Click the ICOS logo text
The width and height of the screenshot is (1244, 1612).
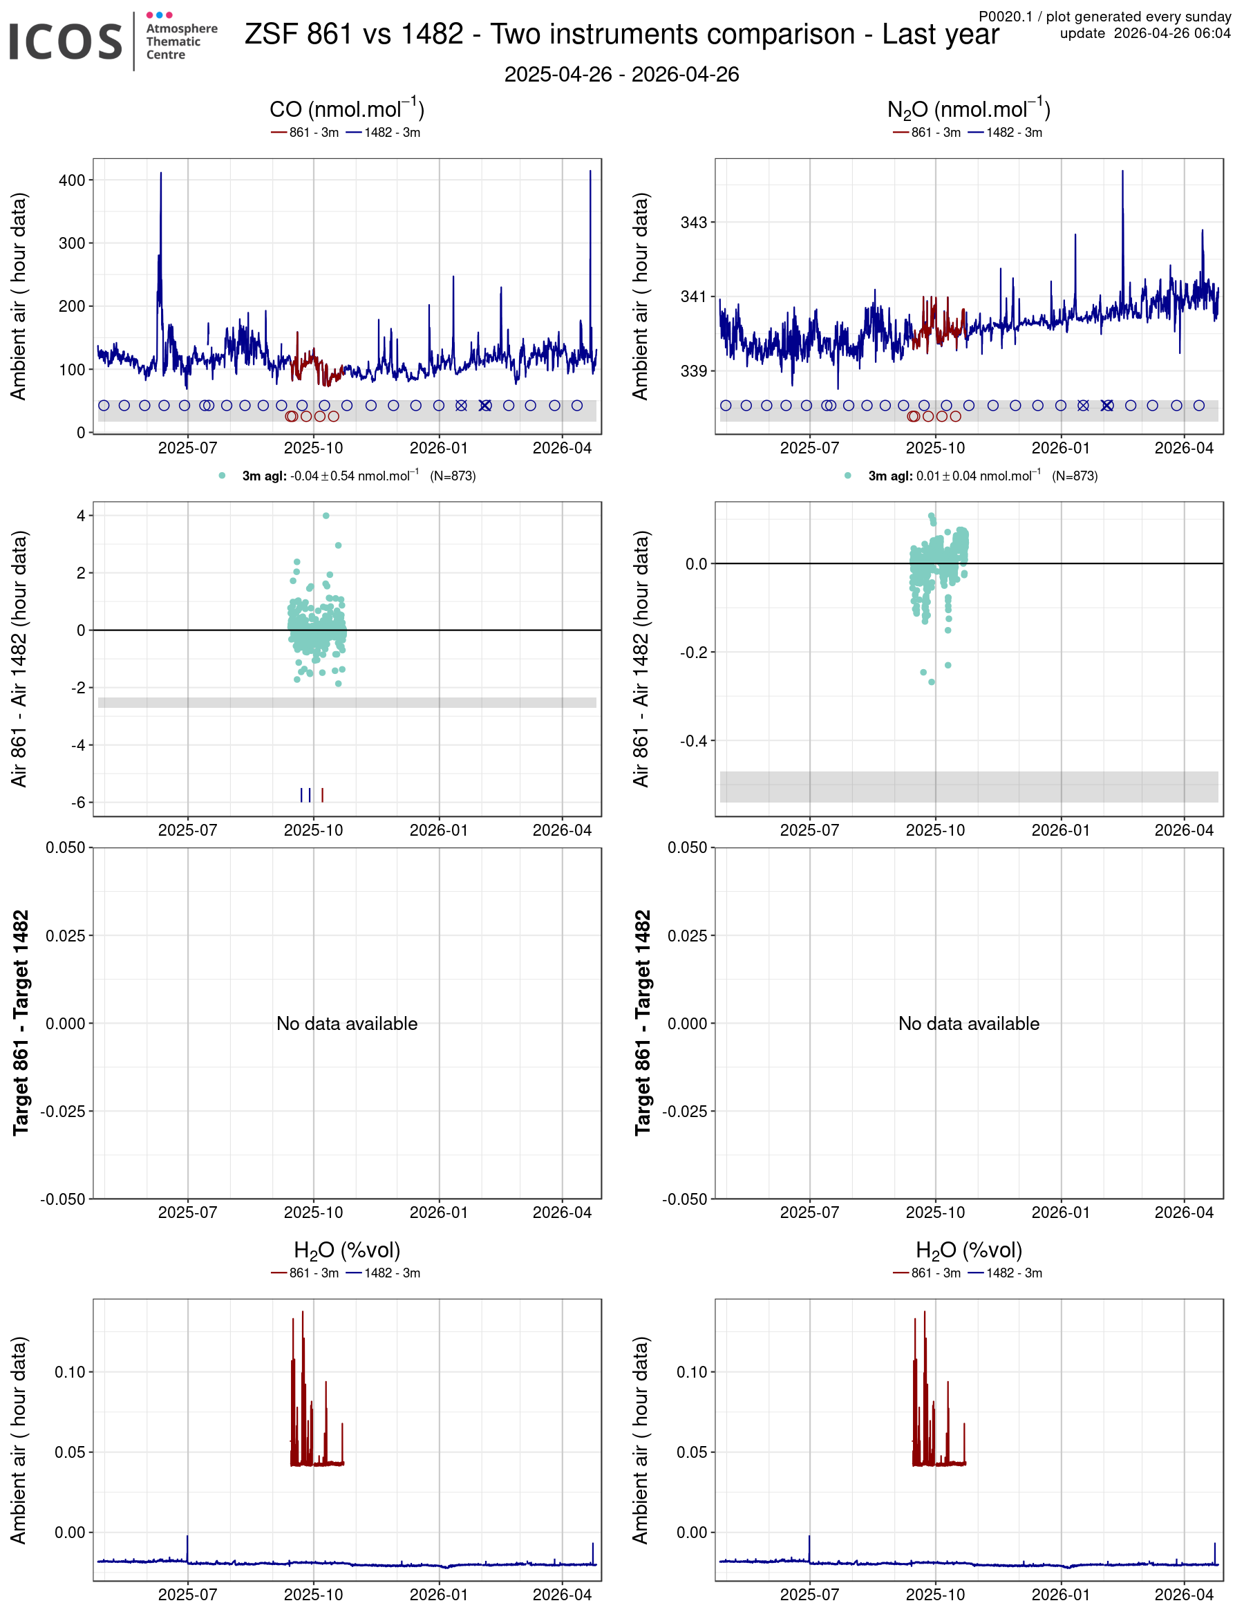click(65, 41)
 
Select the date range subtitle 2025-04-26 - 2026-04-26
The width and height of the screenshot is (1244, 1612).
click(621, 75)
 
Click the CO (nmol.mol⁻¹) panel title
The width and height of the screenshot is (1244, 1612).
click(346, 109)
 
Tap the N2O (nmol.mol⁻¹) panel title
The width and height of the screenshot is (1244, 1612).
click(968, 109)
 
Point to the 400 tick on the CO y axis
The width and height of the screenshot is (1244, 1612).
click(72, 180)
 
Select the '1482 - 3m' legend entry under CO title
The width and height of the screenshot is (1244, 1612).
click(383, 133)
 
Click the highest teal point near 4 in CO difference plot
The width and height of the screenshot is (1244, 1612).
click(326, 516)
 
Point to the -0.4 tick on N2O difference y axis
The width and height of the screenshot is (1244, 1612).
click(692, 740)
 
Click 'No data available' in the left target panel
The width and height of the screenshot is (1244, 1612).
click(347, 1024)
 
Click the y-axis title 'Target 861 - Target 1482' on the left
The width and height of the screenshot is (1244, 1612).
click(21, 1022)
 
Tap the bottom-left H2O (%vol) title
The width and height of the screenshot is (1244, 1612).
click(347, 1250)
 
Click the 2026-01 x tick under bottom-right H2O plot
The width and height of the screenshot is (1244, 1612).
click(1060, 1595)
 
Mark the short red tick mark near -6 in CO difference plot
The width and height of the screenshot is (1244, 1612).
click(323, 795)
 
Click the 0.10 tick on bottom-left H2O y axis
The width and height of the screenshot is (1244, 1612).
click(70, 1372)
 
